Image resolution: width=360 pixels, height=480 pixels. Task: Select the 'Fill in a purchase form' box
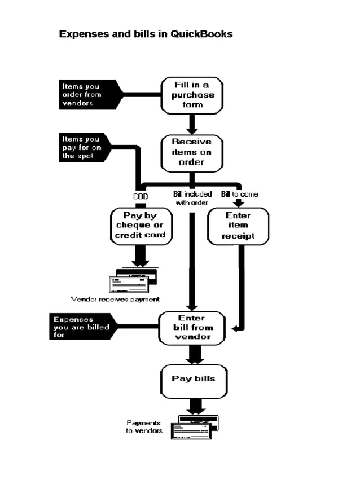point(192,95)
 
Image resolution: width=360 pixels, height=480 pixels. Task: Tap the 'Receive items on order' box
point(191,152)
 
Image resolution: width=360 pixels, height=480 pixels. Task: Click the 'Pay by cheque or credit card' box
point(140,226)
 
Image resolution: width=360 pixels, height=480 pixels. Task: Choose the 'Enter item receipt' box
point(238,226)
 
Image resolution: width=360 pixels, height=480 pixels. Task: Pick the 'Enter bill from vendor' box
point(192,328)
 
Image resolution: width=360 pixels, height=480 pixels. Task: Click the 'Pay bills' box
point(194,378)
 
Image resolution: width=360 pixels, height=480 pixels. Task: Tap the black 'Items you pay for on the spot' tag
point(85,147)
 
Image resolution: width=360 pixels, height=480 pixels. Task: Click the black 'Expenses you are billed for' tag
point(81,327)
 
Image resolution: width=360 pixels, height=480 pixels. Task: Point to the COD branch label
point(141,196)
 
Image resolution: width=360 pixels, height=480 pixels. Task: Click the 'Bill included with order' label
point(192,198)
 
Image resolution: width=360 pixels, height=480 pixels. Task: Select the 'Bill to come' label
point(239,195)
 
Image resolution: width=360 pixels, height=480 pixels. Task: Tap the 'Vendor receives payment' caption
point(115,299)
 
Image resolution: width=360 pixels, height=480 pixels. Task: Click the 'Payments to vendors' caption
point(144,426)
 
